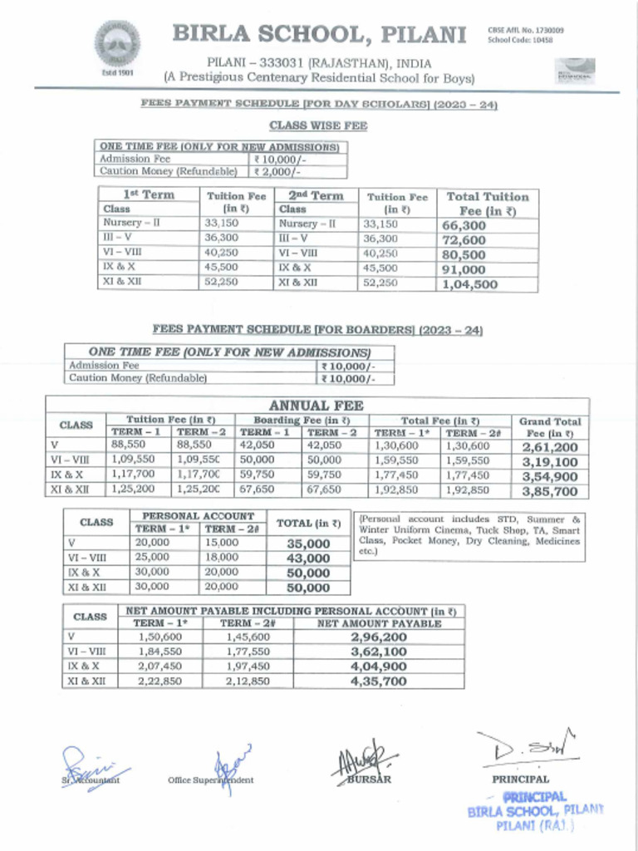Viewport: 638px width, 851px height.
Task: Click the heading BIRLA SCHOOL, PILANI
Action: (318, 35)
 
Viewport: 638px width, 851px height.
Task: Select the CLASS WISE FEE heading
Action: (318, 125)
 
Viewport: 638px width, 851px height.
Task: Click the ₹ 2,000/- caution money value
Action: (277, 171)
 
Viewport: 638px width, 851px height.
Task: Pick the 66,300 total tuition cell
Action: (464, 225)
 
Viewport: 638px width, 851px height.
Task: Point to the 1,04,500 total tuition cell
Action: (469, 284)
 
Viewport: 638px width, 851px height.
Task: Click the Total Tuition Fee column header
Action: (487, 204)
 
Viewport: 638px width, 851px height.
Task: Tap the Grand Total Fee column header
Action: (550, 427)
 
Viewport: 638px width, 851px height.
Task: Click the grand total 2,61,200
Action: (550, 446)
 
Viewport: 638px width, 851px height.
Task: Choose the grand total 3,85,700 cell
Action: (550, 491)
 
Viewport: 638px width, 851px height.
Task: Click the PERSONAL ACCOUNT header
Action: (198, 516)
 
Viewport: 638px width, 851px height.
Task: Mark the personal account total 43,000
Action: (308, 558)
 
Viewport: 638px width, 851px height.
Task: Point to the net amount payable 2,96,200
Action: (379, 637)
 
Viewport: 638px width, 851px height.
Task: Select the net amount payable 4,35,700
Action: (379, 681)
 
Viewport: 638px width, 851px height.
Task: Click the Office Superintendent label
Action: (211, 780)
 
